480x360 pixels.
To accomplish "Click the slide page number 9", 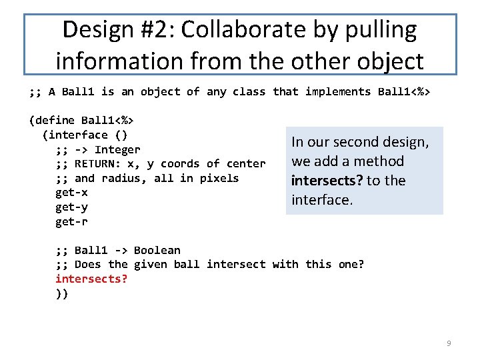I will (x=449, y=343).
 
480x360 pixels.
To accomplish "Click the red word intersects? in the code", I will (x=91, y=279).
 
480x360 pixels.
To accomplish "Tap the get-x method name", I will (x=71, y=193).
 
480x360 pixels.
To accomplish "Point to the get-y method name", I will (x=71, y=207).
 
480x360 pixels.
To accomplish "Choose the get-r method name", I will (x=71, y=221).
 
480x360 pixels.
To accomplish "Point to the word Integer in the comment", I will (x=117, y=149).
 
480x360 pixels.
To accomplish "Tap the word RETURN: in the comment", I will (x=98, y=164).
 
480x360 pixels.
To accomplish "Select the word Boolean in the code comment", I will (x=157, y=250).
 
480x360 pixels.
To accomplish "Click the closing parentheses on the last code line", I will (x=61, y=293).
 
